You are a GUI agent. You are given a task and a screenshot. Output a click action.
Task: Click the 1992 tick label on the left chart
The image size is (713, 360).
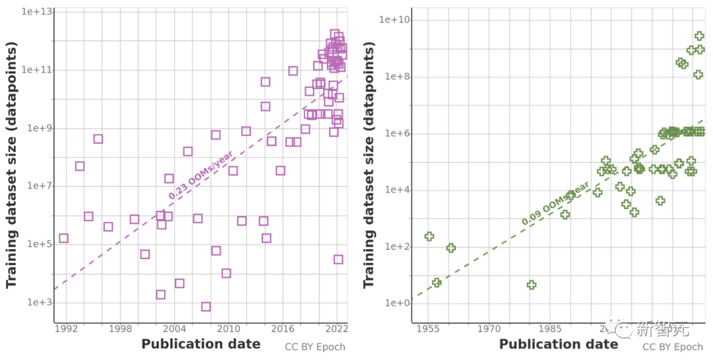coord(65,329)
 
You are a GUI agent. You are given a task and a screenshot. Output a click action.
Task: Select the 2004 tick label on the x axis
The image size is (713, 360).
coord(174,329)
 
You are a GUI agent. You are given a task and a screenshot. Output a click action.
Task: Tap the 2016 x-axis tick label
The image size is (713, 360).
coord(283,329)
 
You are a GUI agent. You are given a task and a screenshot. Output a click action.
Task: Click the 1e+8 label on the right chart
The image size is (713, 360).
coord(397,77)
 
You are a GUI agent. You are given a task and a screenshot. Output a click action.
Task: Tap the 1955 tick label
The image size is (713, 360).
coord(429,329)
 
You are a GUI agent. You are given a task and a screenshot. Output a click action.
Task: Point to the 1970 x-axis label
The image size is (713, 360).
coord(489,329)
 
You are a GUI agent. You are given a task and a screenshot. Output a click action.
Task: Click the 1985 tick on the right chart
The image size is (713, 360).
coord(549,329)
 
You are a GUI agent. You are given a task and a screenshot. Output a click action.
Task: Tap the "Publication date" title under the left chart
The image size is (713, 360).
coord(201,344)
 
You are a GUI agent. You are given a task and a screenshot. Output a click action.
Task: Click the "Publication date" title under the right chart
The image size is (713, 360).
coord(559,344)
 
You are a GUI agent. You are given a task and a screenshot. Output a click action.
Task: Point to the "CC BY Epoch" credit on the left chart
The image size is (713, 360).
coord(315,347)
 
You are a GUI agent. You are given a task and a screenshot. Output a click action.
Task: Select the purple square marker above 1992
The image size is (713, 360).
coord(63,238)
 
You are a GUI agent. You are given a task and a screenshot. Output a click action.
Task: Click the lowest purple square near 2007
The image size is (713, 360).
coord(206,306)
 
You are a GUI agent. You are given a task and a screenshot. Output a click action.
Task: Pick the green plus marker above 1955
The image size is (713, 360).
coord(429,236)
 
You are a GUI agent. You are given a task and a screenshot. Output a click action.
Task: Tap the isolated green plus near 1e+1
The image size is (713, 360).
coord(531,285)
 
